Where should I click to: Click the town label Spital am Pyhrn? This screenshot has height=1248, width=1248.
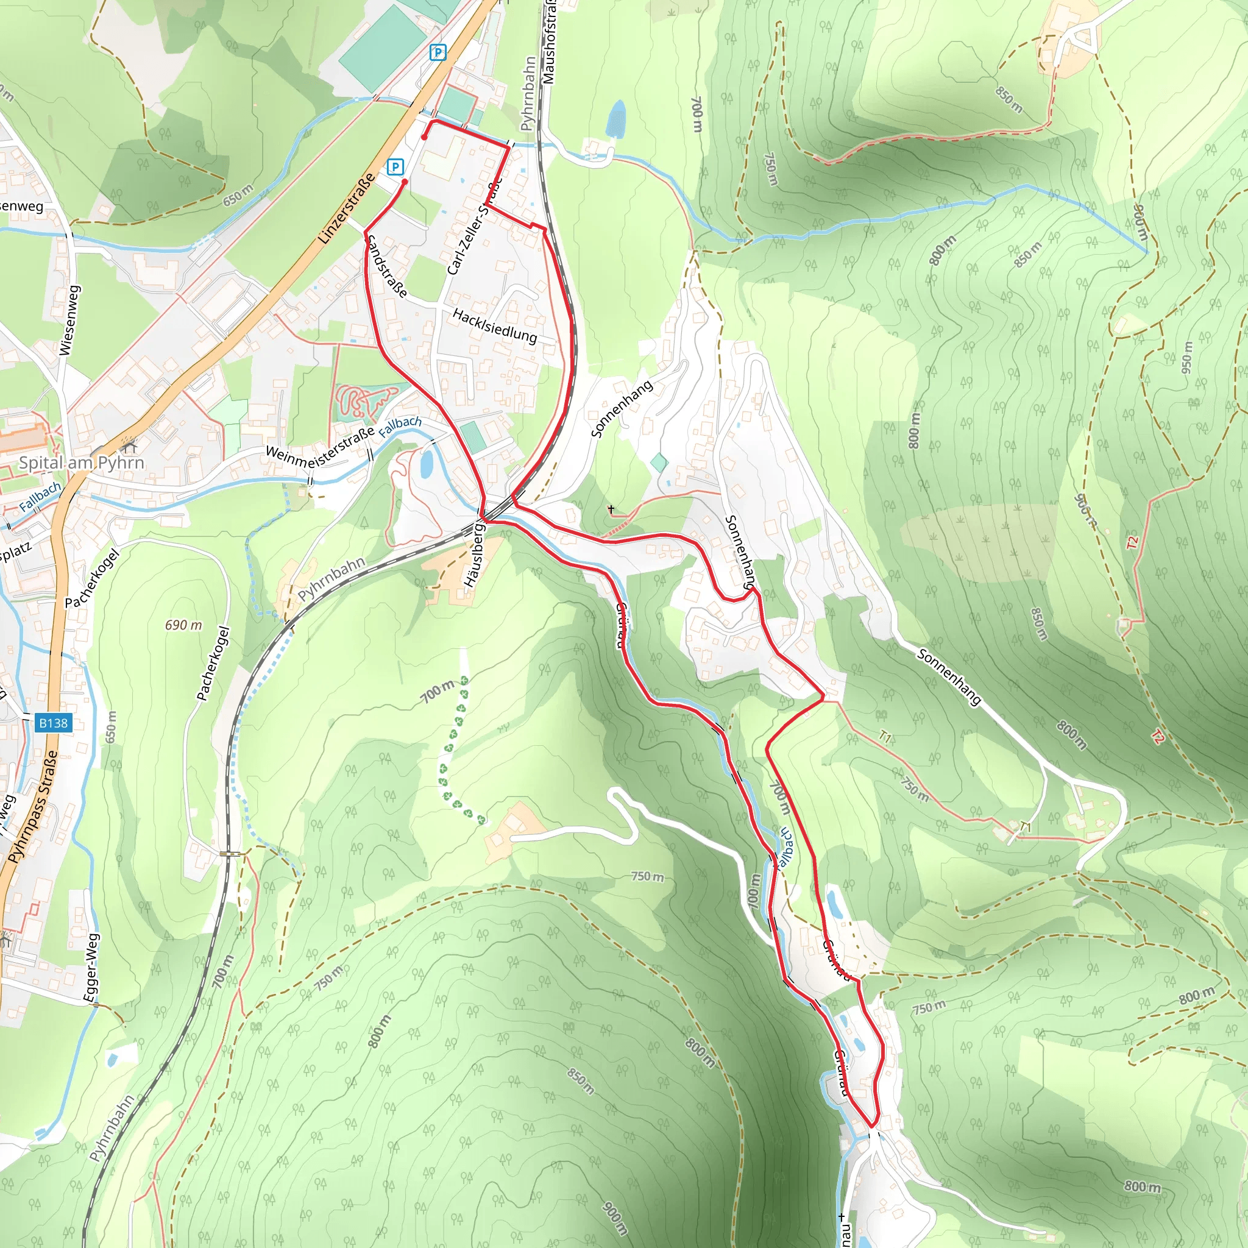82,463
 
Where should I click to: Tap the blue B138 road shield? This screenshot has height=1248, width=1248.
53,723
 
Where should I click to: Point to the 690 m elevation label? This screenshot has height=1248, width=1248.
183,625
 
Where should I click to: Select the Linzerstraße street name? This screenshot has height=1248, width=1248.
346,208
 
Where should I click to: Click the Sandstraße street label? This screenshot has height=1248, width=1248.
386,266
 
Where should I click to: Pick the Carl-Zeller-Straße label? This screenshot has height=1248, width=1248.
474,227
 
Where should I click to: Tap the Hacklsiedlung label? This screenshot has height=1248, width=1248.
495,325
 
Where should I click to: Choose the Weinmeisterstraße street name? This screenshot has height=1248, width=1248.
321,442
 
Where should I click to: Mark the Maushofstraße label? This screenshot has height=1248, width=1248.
548,42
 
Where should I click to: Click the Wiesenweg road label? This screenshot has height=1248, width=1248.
69,321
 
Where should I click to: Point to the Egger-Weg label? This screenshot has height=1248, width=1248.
92,967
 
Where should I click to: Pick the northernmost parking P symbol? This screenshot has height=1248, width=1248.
438,52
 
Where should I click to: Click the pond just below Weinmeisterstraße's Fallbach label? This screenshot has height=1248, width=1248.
427,463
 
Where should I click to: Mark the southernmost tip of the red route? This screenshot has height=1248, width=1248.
872,1127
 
